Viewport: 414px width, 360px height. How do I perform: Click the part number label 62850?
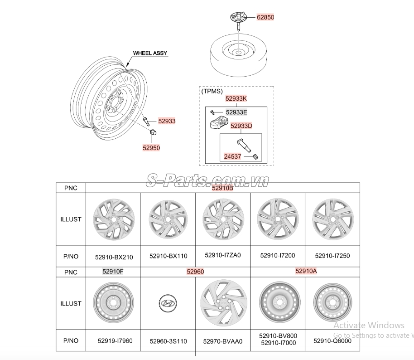pyautogui.click(x=265, y=17)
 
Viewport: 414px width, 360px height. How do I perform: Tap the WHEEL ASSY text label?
pyautogui.click(x=150, y=53)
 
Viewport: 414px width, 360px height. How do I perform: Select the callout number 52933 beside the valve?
pyautogui.click(x=167, y=121)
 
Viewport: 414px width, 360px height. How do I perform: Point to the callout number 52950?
pyautogui.click(x=151, y=148)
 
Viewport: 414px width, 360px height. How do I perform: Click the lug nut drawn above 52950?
pyautogui.click(x=153, y=132)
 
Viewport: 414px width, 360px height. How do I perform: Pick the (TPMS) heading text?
pyautogui.click(x=212, y=91)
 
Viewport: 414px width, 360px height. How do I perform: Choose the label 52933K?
pyautogui.click(x=236, y=98)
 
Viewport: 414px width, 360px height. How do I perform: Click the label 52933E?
pyautogui.click(x=236, y=112)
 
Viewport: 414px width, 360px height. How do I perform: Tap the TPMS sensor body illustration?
pyautogui.click(x=219, y=122)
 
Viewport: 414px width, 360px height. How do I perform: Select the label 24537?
pyautogui.click(x=233, y=156)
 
